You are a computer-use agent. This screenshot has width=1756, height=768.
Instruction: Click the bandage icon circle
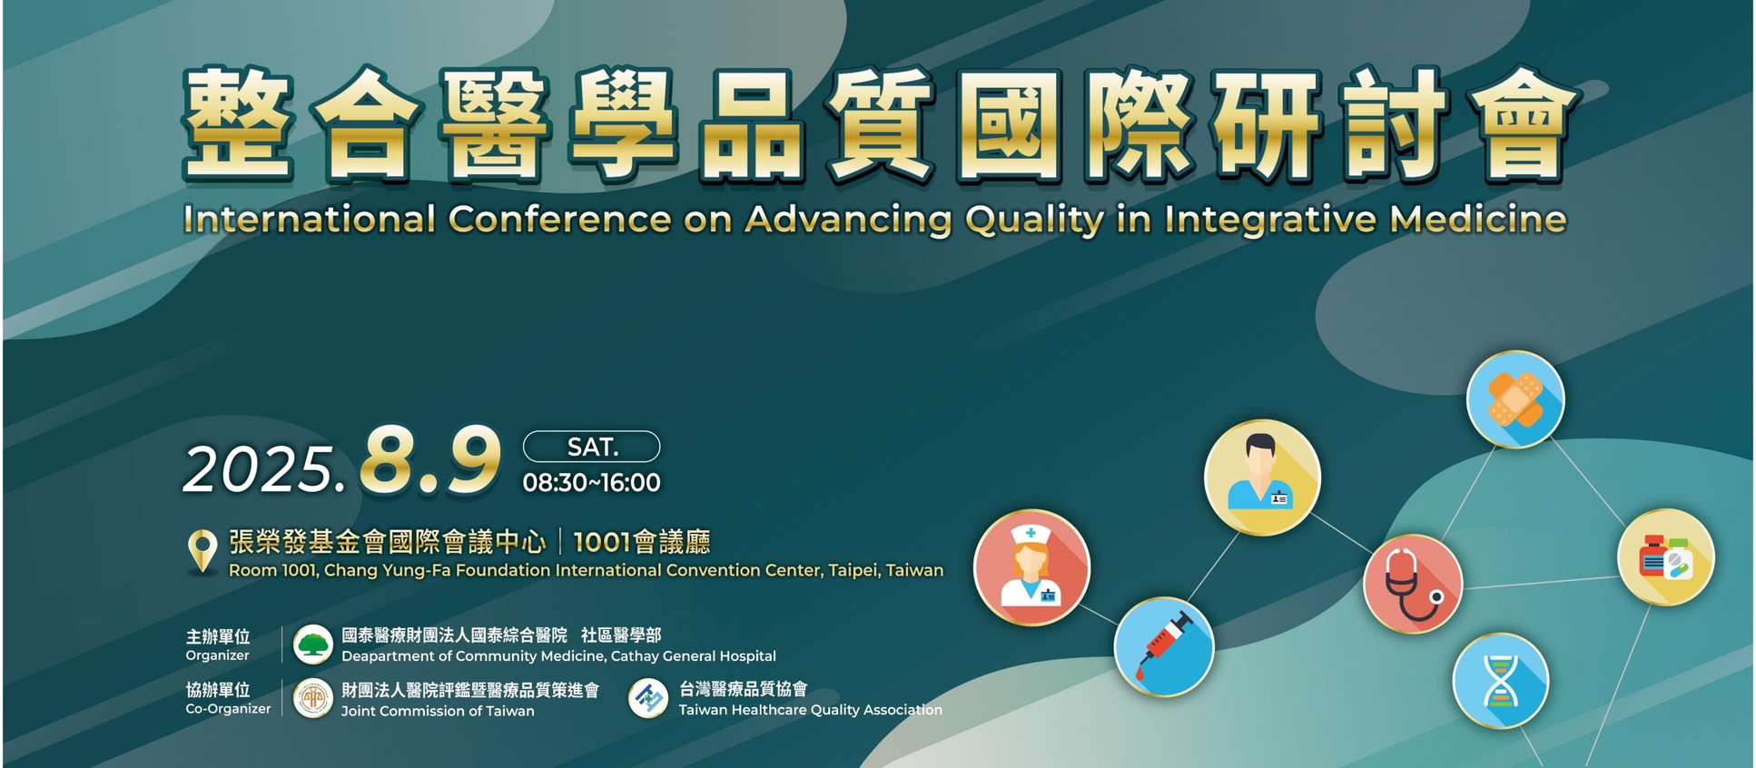coord(1515,399)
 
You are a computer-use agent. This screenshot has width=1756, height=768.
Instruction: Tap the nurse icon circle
coord(1031,567)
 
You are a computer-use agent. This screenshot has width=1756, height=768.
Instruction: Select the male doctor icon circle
coord(1262,478)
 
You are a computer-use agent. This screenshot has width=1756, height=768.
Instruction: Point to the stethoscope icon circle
coord(1413,584)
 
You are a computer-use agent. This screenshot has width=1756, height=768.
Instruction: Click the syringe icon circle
coord(1164,646)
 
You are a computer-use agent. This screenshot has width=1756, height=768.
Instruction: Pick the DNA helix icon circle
coord(1500,681)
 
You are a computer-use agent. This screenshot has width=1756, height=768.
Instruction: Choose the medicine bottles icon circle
coord(1666,556)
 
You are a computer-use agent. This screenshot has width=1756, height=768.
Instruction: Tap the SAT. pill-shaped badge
coord(591,447)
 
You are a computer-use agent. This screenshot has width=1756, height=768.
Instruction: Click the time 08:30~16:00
coord(591,483)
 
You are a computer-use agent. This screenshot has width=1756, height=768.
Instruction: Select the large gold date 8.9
coord(429,462)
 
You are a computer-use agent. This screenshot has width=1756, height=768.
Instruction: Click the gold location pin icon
coord(202,551)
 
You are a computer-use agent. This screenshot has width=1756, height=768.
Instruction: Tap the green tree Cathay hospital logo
coord(313,645)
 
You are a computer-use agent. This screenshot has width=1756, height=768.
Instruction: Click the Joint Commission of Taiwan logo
coord(313,699)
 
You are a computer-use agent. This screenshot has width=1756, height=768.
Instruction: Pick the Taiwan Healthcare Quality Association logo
coord(648,699)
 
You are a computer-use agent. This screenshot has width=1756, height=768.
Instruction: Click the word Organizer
coord(217,655)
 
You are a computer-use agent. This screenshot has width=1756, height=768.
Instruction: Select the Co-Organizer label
coord(228,709)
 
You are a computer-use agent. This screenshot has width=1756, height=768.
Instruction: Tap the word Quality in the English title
coord(1034,221)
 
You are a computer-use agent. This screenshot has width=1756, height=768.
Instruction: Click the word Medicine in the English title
coord(1478,220)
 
